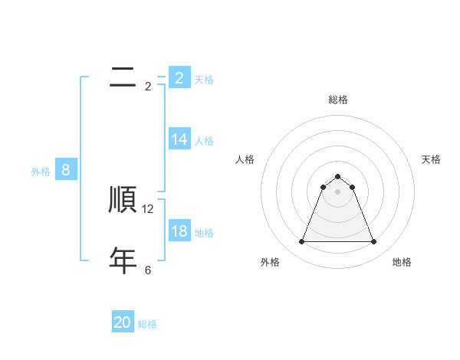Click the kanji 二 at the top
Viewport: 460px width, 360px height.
[x=123, y=77]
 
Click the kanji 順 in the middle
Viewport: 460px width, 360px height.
[x=123, y=199]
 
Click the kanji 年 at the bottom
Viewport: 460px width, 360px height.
[x=123, y=260]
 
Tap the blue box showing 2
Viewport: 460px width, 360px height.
[x=179, y=77]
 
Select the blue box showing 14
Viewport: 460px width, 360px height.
[x=179, y=139]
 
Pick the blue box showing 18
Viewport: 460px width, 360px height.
[x=179, y=231]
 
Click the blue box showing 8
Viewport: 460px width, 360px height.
[x=66, y=169]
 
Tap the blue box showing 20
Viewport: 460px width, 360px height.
[x=123, y=322]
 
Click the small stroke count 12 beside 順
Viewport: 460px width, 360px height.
[x=148, y=208]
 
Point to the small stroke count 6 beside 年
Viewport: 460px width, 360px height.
[x=148, y=270]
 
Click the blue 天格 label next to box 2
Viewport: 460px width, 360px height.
[x=204, y=79]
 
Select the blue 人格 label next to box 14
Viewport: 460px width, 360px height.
[x=204, y=140]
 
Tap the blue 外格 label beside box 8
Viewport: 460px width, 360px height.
[x=41, y=172]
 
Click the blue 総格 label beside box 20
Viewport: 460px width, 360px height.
[x=147, y=324]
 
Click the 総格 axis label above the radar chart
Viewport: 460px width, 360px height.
[x=338, y=100]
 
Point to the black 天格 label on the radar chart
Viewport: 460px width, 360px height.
[x=431, y=159]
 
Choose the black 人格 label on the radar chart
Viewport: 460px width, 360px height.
[x=245, y=159]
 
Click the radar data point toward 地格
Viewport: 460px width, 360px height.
[x=374, y=242]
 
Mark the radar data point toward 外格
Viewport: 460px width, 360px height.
[x=302, y=242]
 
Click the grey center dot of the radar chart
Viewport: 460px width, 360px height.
[x=338, y=191]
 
